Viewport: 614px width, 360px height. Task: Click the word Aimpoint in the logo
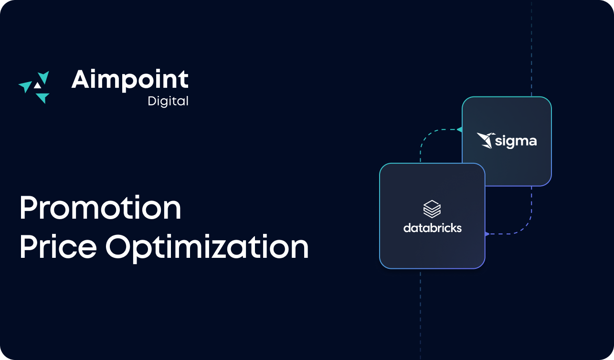click(x=130, y=80)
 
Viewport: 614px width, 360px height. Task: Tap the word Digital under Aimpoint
click(x=168, y=101)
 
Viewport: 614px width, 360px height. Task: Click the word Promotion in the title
click(x=100, y=208)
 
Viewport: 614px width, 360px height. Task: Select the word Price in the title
click(x=58, y=247)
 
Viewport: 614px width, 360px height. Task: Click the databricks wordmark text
click(x=432, y=228)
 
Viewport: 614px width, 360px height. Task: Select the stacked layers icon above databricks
click(x=432, y=209)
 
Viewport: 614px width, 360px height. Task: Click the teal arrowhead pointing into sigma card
click(x=459, y=129)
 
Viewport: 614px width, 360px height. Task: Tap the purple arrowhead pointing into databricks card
click(x=487, y=234)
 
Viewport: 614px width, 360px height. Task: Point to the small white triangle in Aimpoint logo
click(x=37, y=85)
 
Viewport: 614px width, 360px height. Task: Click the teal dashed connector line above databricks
click(x=421, y=146)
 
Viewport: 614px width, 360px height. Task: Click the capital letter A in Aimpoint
click(x=81, y=80)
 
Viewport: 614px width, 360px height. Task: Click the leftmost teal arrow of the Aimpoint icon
click(x=24, y=86)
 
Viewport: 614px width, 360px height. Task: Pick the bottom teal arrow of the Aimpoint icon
click(x=42, y=98)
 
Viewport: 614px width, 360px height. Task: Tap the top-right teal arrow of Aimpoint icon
click(x=44, y=77)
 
